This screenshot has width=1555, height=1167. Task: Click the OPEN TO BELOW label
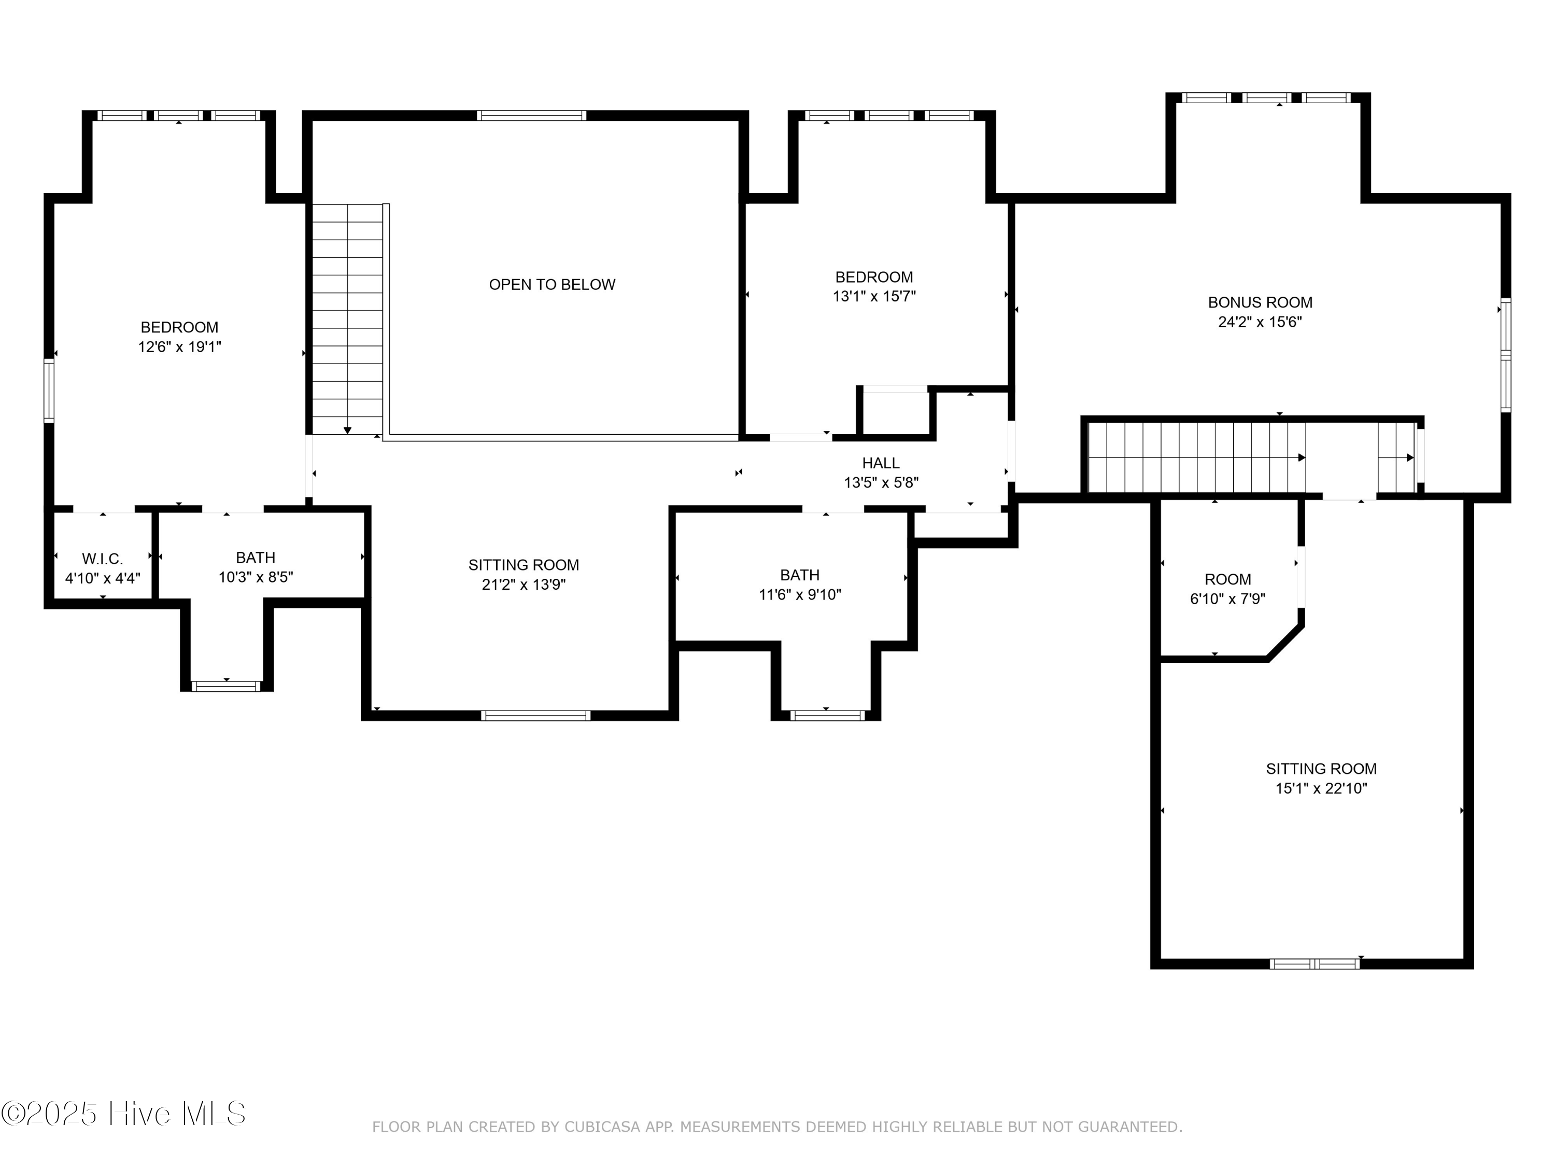point(552,284)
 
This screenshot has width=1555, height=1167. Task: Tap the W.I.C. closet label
point(103,559)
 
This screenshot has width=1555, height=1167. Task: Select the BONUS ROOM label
point(1260,302)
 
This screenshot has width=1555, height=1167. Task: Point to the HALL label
point(881,463)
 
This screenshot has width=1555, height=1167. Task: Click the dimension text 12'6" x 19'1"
point(179,347)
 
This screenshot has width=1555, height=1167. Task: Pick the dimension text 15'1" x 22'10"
point(1321,788)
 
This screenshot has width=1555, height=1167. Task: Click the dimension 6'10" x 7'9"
point(1227,599)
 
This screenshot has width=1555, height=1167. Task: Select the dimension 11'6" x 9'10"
point(799,594)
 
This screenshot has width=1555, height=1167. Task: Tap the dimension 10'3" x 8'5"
point(255,577)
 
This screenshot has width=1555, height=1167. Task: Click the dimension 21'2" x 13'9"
point(523,585)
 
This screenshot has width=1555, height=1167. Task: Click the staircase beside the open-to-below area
point(347,320)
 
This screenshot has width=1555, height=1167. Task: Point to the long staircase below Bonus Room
point(1195,457)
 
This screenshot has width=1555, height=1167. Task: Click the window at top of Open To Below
point(531,115)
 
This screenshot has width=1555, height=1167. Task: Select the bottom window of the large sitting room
point(535,715)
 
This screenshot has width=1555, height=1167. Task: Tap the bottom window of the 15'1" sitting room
point(1314,964)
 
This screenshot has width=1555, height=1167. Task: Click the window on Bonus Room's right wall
point(1505,355)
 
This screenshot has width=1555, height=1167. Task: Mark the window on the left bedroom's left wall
point(49,391)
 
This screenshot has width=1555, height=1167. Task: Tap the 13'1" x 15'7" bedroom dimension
point(874,296)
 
